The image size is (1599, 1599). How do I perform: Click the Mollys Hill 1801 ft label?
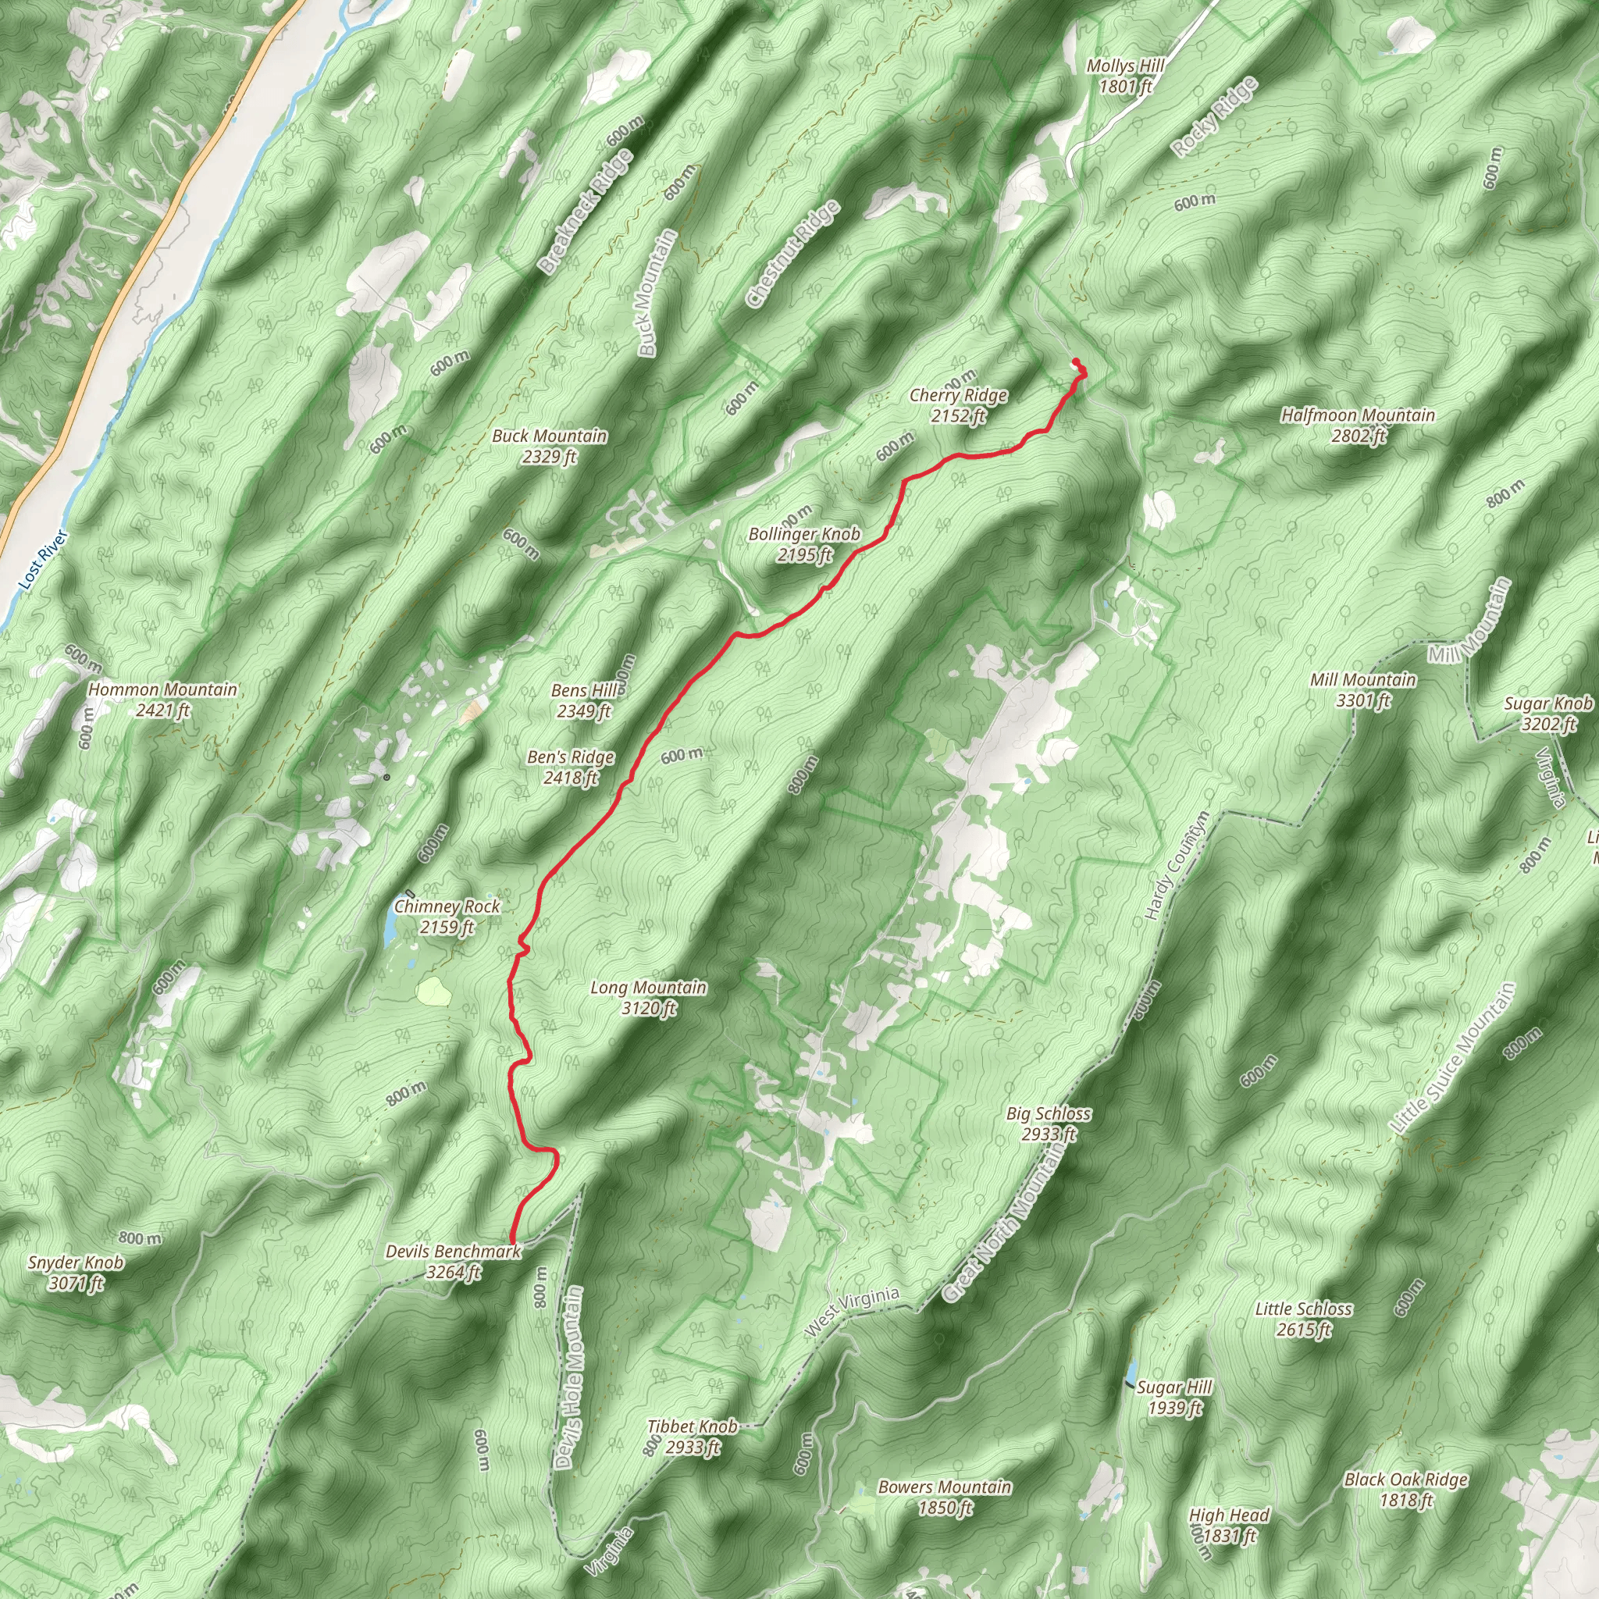pyautogui.click(x=1125, y=75)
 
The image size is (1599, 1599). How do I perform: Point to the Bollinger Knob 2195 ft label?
pyautogui.click(x=803, y=545)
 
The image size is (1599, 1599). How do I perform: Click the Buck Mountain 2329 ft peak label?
pyautogui.click(x=549, y=446)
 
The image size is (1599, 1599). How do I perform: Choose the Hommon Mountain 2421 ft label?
pyautogui.click(x=163, y=700)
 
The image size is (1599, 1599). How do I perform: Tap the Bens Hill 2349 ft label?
pyautogui.click(x=584, y=700)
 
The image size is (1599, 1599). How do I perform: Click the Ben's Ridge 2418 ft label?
pyautogui.click(x=570, y=767)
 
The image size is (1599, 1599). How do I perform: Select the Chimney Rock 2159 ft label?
pyautogui.click(x=447, y=916)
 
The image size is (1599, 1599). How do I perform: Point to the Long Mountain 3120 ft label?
pyautogui.click(x=648, y=997)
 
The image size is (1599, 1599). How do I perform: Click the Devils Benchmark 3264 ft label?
pyautogui.click(x=454, y=1262)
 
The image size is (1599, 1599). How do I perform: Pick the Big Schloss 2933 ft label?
pyautogui.click(x=1048, y=1124)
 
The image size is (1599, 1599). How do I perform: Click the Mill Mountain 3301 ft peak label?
pyautogui.click(x=1362, y=690)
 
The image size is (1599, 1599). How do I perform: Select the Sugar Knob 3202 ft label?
pyautogui.click(x=1547, y=714)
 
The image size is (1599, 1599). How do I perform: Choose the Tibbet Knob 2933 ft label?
pyautogui.click(x=692, y=1436)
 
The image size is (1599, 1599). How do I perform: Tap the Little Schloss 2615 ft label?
pyautogui.click(x=1303, y=1319)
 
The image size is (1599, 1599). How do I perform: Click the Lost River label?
pyautogui.click(x=42, y=561)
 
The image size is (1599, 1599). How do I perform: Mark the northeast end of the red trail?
pyautogui.click(x=1075, y=361)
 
